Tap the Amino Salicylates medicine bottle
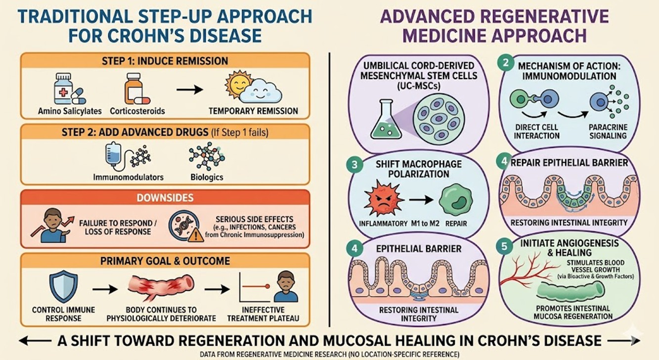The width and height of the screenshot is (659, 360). pos(64,89)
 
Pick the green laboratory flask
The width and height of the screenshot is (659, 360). pos(388,119)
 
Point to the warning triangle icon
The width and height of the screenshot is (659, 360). pos(196,234)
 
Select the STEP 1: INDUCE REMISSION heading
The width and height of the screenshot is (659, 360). pos(165,62)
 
